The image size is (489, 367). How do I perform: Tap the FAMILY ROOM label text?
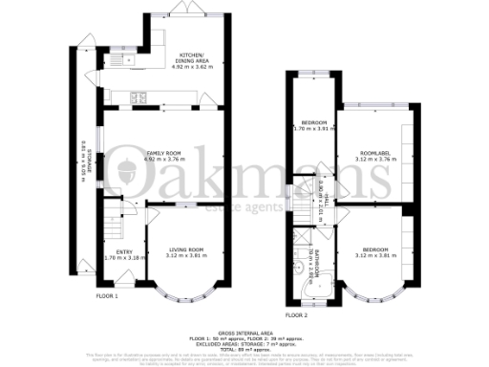pyautogui.click(x=163, y=153)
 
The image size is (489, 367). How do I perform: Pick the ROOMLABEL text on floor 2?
pyautogui.click(x=375, y=155)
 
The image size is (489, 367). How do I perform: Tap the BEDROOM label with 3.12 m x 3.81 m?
pyautogui.click(x=375, y=250)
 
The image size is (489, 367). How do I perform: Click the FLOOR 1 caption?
pyautogui.click(x=107, y=296)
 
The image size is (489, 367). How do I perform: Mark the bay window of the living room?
pyautogui.click(x=181, y=287)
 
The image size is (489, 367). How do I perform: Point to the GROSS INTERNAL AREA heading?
pyautogui.click(x=244, y=326)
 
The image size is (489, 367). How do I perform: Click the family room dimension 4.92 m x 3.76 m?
pyautogui.click(x=163, y=160)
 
